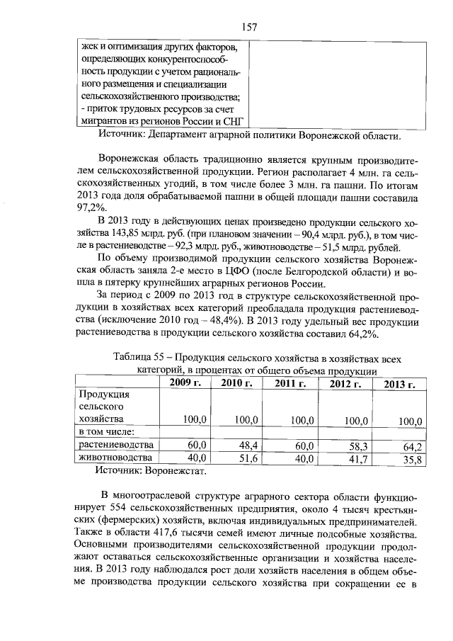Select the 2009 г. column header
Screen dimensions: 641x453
(x=186, y=383)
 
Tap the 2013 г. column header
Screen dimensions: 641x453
(x=400, y=385)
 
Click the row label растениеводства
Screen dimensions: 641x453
(x=115, y=445)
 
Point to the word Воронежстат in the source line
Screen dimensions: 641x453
(x=176, y=470)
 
